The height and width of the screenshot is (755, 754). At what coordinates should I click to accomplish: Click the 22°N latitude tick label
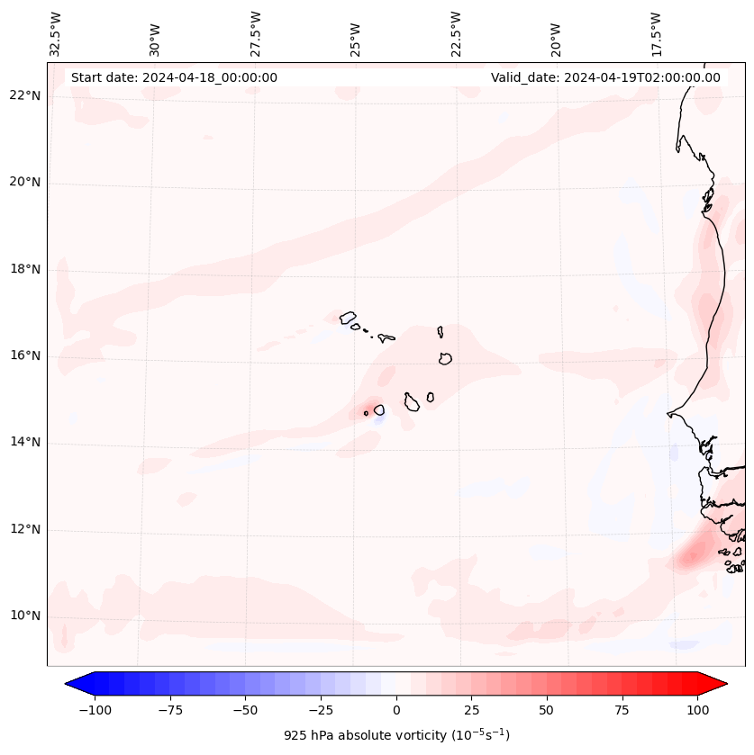(x=25, y=96)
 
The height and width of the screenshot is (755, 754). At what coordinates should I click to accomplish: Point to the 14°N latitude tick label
(x=25, y=442)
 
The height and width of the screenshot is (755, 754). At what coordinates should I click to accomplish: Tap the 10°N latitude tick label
(x=25, y=616)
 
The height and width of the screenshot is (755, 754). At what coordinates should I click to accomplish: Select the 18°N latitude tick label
(x=25, y=269)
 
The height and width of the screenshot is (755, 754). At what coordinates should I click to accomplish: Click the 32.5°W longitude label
(x=56, y=33)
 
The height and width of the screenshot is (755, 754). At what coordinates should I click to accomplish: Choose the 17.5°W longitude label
(x=656, y=33)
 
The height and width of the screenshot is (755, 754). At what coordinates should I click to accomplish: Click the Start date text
(x=174, y=77)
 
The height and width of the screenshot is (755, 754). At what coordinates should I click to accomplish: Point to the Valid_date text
(x=605, y=77)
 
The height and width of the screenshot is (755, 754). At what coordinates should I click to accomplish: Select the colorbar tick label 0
(x=396, y=710)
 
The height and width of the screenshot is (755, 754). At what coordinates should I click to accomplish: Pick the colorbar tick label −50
(x=245, y=710)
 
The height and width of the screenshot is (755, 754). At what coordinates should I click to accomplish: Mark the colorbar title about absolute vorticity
(x=396, y=735)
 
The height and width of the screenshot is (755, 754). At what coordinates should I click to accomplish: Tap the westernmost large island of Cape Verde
(x=348, y=318)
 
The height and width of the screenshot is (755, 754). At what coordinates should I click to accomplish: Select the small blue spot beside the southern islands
(x=379, y=420)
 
